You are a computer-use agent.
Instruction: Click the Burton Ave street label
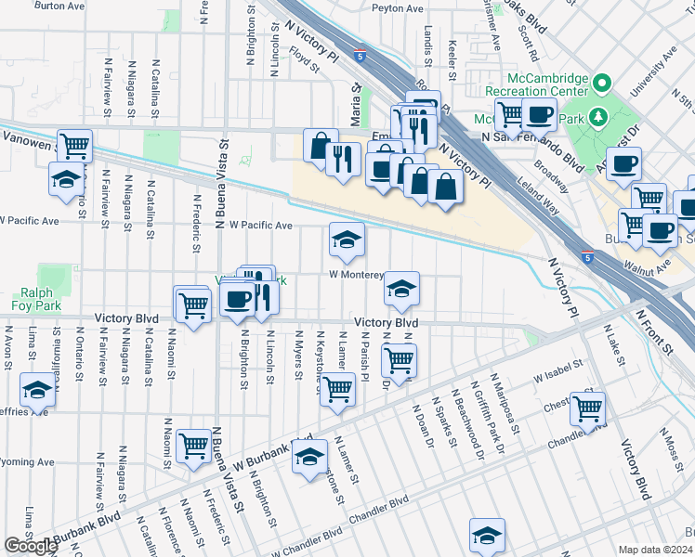(54, 6)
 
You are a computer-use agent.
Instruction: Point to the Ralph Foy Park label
(31, 297)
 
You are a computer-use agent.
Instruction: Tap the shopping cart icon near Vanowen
(75, 145)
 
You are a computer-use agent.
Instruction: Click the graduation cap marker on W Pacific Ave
(347, 240)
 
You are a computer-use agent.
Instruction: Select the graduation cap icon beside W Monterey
(401, 289)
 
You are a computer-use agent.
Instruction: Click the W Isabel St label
(557, 376)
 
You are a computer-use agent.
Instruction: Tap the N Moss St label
(672, 447)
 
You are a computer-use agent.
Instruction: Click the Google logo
(32, 545)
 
